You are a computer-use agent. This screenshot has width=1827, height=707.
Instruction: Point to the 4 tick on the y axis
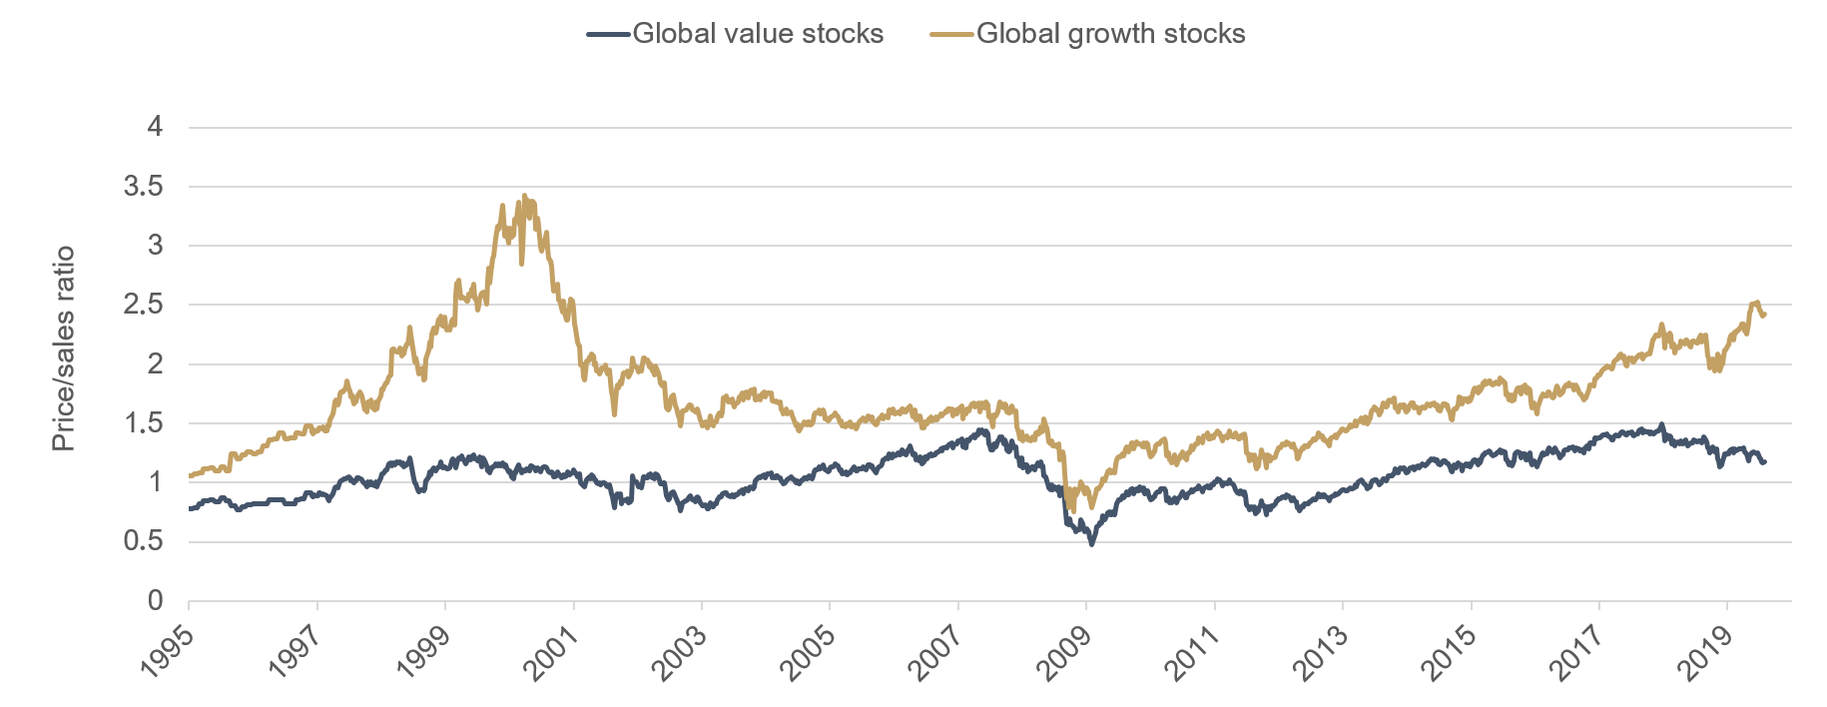click(155, 127)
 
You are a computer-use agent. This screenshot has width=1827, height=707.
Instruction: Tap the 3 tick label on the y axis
click(155, 246)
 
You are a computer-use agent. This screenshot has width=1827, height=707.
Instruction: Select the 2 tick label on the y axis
click(155, 364)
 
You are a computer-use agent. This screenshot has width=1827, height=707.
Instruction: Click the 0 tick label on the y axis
click(155, 601)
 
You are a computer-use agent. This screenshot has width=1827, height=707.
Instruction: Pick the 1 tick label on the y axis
click(155, 482)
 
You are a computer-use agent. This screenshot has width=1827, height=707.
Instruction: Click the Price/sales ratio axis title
click(64, 349)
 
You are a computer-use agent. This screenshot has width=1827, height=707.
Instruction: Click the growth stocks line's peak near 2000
click(525, 196)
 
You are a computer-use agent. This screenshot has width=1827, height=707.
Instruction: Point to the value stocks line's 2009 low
click(1091, 543)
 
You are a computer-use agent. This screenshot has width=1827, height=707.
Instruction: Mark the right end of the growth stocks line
click(1765, 316)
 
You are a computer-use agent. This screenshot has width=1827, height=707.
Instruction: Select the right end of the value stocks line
click(1765, 462)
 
